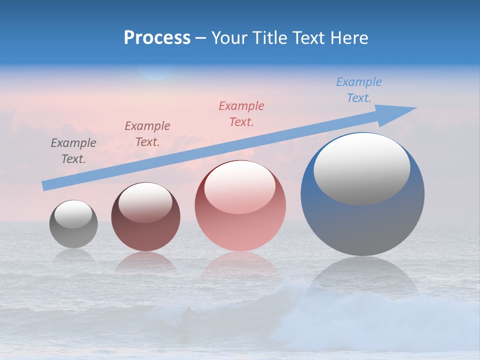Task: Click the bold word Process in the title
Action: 157,38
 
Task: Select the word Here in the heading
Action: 350,38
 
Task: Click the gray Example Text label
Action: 73,151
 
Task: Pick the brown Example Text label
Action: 147,134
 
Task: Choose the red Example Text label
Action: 241,113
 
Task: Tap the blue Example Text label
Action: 359,90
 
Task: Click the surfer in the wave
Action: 187,316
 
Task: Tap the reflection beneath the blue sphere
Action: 362,280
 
